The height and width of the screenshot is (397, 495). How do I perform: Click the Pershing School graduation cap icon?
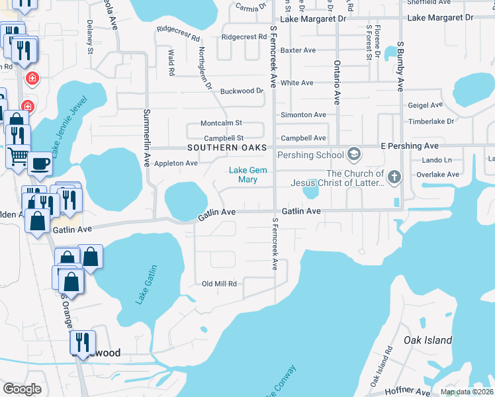(x=354, y=155)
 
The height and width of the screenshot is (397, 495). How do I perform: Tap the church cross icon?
(x=394, y=177)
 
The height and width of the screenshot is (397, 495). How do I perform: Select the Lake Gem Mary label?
(x=243, y=175)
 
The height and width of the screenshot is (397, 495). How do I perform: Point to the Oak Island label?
(x=428, y=341)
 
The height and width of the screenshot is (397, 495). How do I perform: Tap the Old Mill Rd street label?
(x=219, y=284)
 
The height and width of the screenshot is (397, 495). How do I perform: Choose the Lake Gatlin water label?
(x=148, y=285)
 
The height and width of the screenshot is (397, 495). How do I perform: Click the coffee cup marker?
(x=40, y=163)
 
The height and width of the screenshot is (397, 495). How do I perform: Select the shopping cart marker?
(x=18, y=156)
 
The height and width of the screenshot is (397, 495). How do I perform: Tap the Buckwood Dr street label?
(x=242, y=91)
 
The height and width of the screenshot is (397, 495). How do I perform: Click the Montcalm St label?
(x=222, y=123)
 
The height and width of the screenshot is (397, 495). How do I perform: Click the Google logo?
(x=22, y=389)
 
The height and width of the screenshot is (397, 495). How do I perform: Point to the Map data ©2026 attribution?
(x=466, y=392)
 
